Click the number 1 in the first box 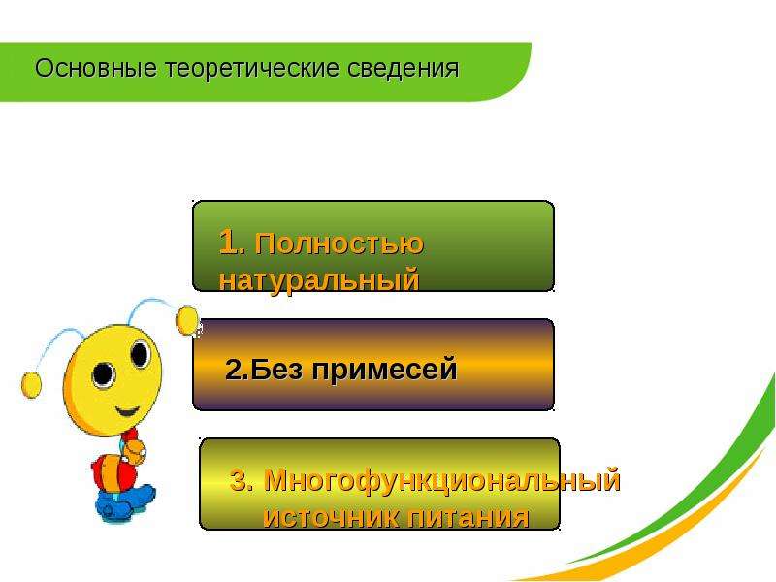coord(229,242)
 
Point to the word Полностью coord(339,243)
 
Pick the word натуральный coord(319,280)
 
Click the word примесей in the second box coord(384,370)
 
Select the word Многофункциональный coord(442,480)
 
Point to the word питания coord(469,517)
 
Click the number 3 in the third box coord(241,480)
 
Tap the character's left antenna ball coord(31,385)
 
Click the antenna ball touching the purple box coord(187,321)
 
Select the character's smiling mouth coord(127,410)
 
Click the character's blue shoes coord(125,501)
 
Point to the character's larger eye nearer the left coord(104,374)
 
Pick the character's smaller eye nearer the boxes coord(140,354)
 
